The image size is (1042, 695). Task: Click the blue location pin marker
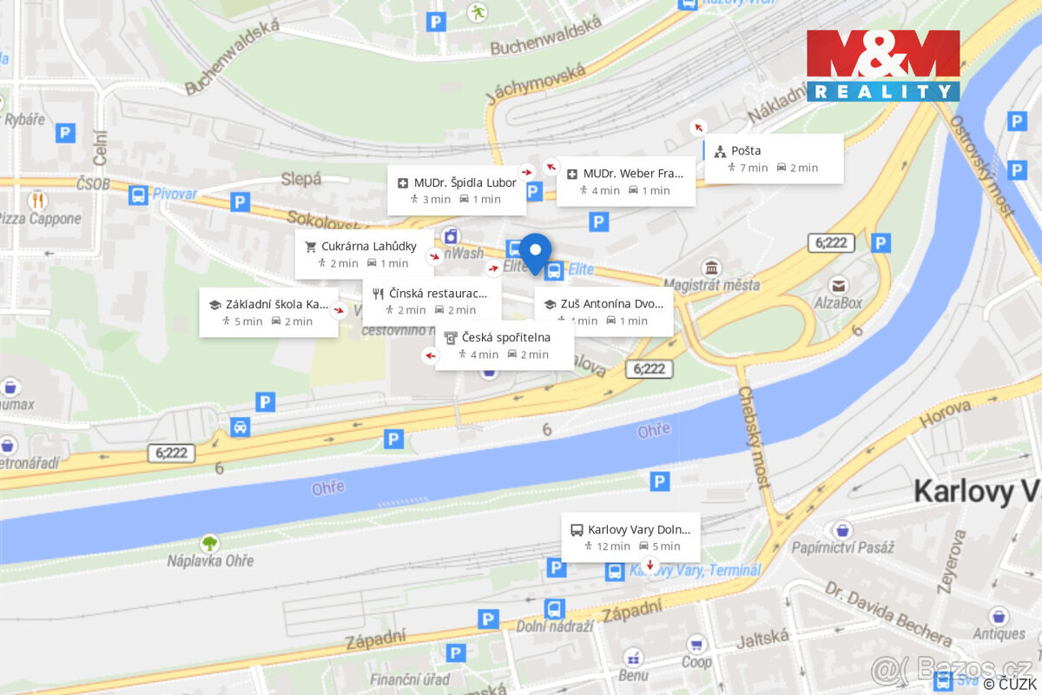pyautogui.click(x=536, y=252)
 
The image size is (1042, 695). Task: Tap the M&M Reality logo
pyautogui.click(x=883, y=66)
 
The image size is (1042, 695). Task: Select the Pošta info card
pyautogui.click(x=774, y=158)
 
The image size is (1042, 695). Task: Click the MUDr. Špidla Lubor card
pyautogui.click(x=457, y=190)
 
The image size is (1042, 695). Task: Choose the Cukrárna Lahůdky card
pyautogui.click(x=364, y=254)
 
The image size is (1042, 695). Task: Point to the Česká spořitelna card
pyautogui.click(x=505, y=345)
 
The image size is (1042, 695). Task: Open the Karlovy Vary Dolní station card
pyautogui.click(x=630, y=537)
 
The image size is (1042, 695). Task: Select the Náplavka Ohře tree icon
pyautogui.click(x=209, y=544)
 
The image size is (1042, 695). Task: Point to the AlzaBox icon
pyautogui.click(x=838, y=285)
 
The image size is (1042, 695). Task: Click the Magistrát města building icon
pyautogui.click(x=712, y=268)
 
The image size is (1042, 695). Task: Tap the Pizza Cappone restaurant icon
pyautogui.click(x=37, y=201)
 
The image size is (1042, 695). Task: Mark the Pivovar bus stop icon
pyautogui.click(x=138, y=195)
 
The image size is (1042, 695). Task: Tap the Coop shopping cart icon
pyautogui.click(x=695, y=644)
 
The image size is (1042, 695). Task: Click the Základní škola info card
pyautogui.click(x=268, y=312)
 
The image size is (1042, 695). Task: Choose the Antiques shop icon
pyautogui.click(x=999, y=616)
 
